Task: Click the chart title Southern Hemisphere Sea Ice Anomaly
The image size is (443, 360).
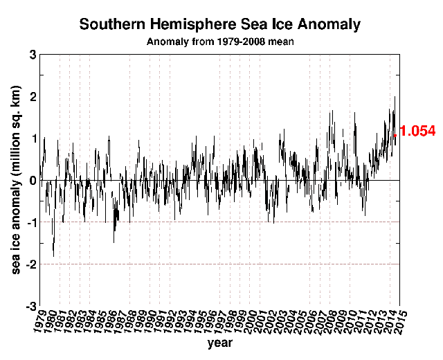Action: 220,25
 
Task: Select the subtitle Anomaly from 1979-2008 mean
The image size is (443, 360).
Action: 220,42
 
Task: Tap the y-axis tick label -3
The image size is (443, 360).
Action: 30,306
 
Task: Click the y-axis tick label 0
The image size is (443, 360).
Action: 33,180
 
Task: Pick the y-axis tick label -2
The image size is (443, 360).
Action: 30,264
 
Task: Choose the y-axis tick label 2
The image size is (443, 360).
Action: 33,96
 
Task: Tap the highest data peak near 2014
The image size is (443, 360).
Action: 395,97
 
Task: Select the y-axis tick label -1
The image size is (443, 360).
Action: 30,222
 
